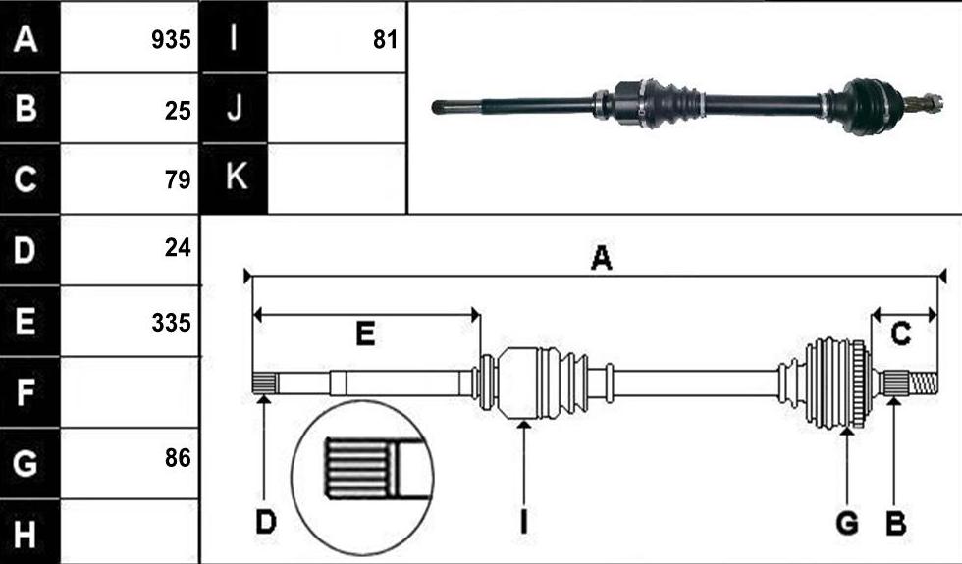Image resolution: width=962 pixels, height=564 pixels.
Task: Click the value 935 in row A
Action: click(171, 40)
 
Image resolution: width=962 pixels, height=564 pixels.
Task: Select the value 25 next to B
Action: click(178, 111)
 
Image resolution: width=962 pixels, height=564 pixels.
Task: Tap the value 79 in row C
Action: click(178, 179)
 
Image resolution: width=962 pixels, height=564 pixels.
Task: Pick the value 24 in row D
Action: click(178, 247)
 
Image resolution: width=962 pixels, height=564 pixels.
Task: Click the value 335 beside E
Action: click(171, 323)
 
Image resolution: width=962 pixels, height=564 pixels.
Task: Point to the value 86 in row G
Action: click(178, 457)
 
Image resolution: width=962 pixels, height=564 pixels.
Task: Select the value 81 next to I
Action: click(385, 40)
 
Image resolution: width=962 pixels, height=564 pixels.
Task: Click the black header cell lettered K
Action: click(235, 179)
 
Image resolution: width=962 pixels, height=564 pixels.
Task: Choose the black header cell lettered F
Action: click(29, 392)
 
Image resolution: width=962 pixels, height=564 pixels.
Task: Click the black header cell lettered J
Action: click(235, 108)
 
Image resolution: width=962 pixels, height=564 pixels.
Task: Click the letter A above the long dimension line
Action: click(601, 258)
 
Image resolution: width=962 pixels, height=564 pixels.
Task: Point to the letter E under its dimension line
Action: click(365, 334)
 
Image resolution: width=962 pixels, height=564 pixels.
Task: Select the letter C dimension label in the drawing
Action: click(901, 334)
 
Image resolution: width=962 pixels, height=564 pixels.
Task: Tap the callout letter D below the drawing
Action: click(266, 523)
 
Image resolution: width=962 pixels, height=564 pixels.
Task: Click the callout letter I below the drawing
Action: click(523, 523)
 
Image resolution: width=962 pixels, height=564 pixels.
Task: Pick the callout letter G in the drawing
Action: click(847, 524)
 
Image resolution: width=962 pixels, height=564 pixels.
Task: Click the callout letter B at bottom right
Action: click(895, 524)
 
